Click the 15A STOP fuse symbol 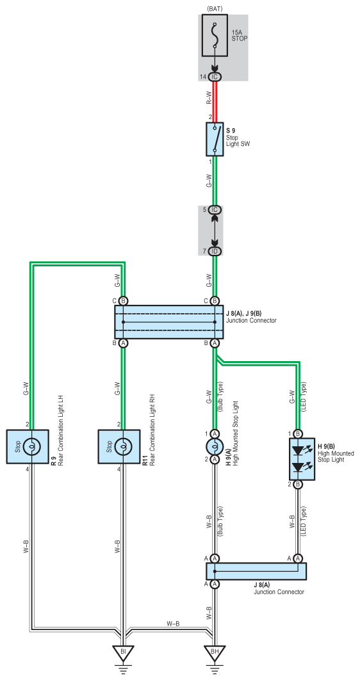215,36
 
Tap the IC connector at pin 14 215,77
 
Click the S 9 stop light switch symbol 215,139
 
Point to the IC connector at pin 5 215,210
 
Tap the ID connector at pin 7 215,252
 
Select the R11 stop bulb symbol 123,446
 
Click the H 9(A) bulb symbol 214,446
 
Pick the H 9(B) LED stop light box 302,459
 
